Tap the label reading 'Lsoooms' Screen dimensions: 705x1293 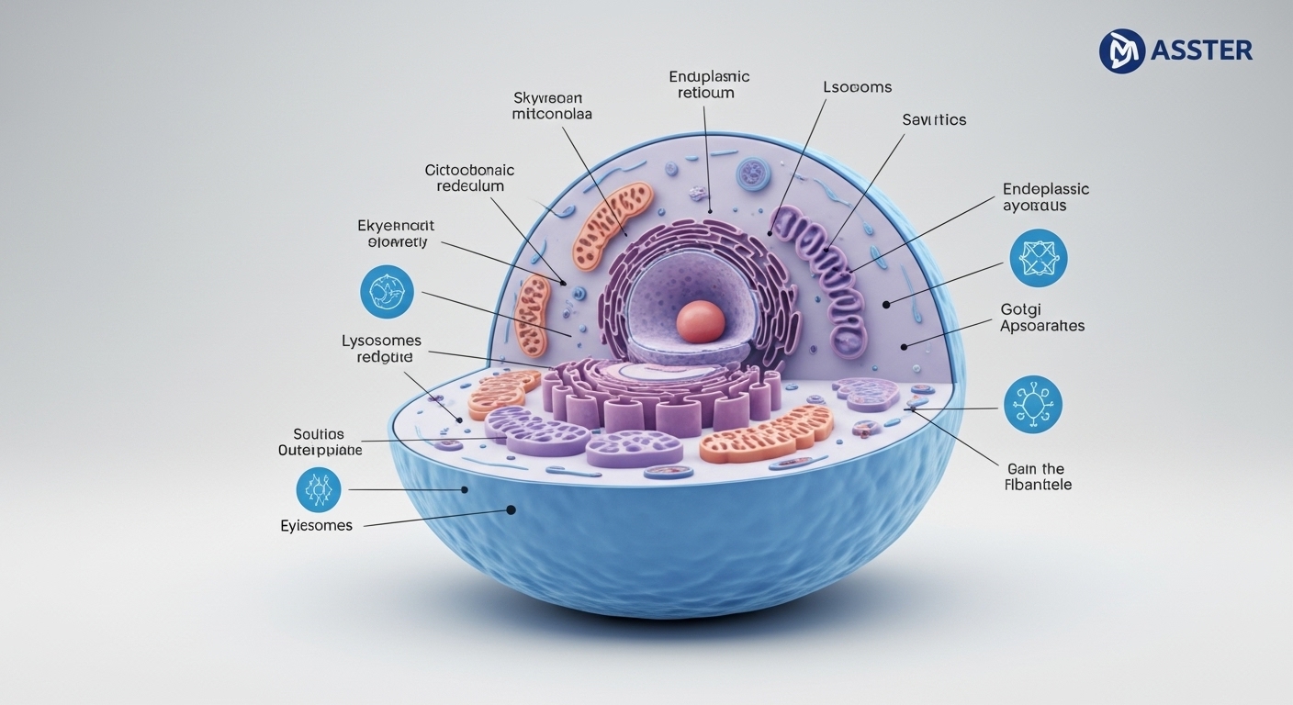pyautogui.click(x=857, y=87)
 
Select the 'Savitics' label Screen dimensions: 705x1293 pyautogui.click(x=934, y=119)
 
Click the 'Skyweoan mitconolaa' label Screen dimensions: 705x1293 pyautogui.click(x=552, y=106)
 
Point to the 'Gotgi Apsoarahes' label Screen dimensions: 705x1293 pyautogui.click(x=1041, y=318)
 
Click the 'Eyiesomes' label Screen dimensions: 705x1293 pyautogui.click(x=316, y=526)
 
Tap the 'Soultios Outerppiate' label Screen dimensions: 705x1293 pyautogui.click(x=320, y=442)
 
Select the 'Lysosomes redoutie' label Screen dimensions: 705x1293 pyautogui.click(x=381, y=349)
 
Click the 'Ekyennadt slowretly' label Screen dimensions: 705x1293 pyautogui.click(x=396, y=234)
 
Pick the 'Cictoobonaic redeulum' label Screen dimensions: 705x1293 pyautogui.click(x=469, y=178)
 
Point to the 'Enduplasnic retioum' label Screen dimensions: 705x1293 pyautogui.click(x=709, y=84)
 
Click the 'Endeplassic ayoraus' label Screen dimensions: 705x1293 pyautogui.click(x=1046, y=197)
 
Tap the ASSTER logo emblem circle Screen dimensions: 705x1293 pyautogui.click(x=1121, y=50)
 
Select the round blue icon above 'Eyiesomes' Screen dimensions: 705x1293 pyautogui.click(x=319, y=489)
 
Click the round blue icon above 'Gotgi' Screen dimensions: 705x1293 pyautogui.click(x=1038, y=259)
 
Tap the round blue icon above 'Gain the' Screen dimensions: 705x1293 pyautogui.click(x=1032, y=404)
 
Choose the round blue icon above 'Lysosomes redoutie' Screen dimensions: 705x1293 pyautogui.click(x=387, y=293)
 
